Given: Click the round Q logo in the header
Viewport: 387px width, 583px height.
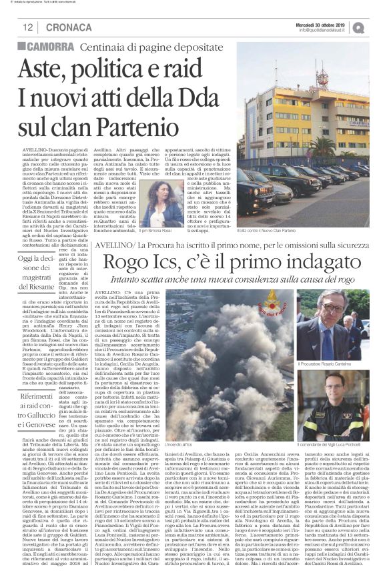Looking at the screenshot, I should [378, 27].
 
